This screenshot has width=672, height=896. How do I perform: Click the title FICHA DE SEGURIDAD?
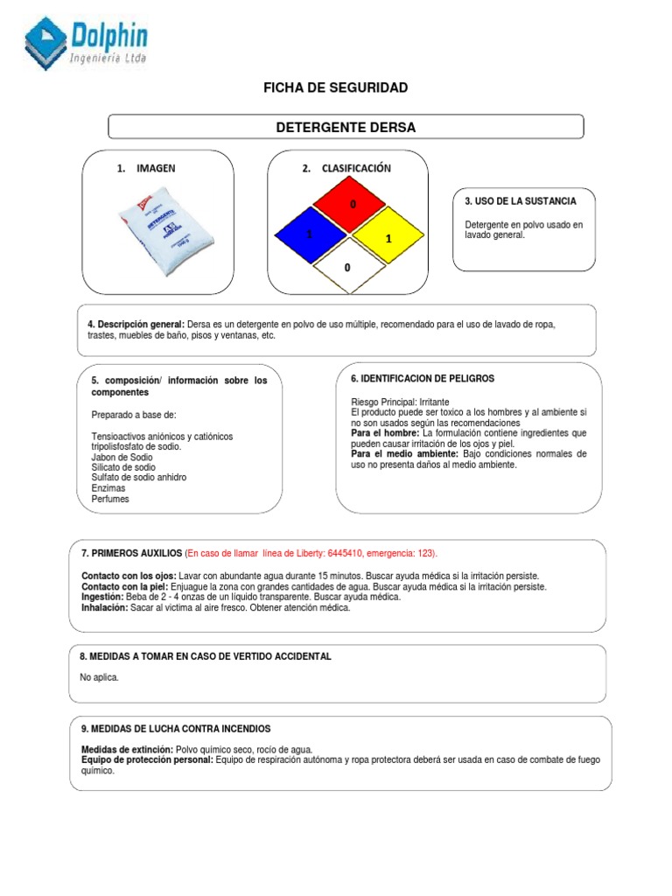coord(336,87)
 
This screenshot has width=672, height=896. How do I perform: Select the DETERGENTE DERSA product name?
coord(346,128)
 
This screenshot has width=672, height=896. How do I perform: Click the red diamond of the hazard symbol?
coord(350,205)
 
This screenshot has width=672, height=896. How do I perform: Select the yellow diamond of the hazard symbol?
coord(388,236)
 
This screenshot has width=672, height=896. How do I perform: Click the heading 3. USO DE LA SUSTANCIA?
coord(521,201)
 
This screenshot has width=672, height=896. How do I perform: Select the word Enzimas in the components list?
coord(108,488)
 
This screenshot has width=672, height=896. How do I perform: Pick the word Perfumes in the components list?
coord(110,499)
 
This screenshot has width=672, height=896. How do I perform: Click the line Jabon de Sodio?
coord(122,457)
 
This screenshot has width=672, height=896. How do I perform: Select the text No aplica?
coord(99,677)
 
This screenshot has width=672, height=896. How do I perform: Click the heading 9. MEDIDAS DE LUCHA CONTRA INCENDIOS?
coord(176,728)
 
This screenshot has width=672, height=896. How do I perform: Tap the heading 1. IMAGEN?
coord(146,168)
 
